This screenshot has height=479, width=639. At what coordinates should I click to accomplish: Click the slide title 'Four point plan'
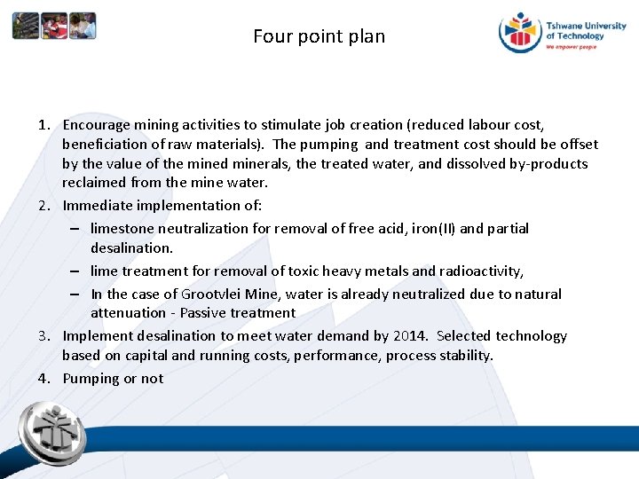[319, 36]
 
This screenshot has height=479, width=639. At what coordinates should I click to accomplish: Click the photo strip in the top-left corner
[53, 27]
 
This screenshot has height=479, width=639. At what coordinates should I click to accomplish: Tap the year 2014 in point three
[412, 336]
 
